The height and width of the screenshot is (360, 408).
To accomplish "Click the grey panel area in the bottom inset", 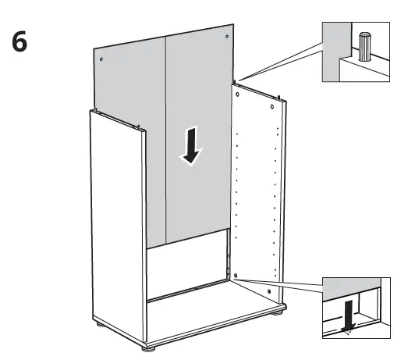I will pos(351,286).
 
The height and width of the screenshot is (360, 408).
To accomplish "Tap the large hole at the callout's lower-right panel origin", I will pos(235,276).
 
